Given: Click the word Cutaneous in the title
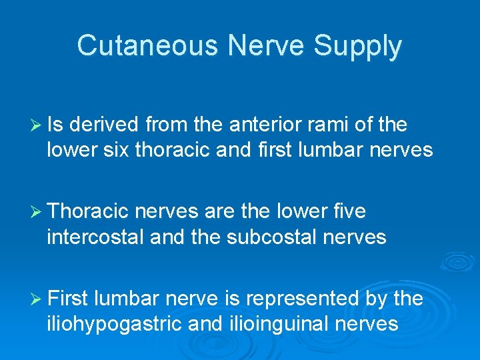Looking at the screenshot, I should [147, 46].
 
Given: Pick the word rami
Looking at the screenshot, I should [331, 125].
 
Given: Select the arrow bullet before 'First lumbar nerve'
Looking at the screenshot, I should [37, 299].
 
